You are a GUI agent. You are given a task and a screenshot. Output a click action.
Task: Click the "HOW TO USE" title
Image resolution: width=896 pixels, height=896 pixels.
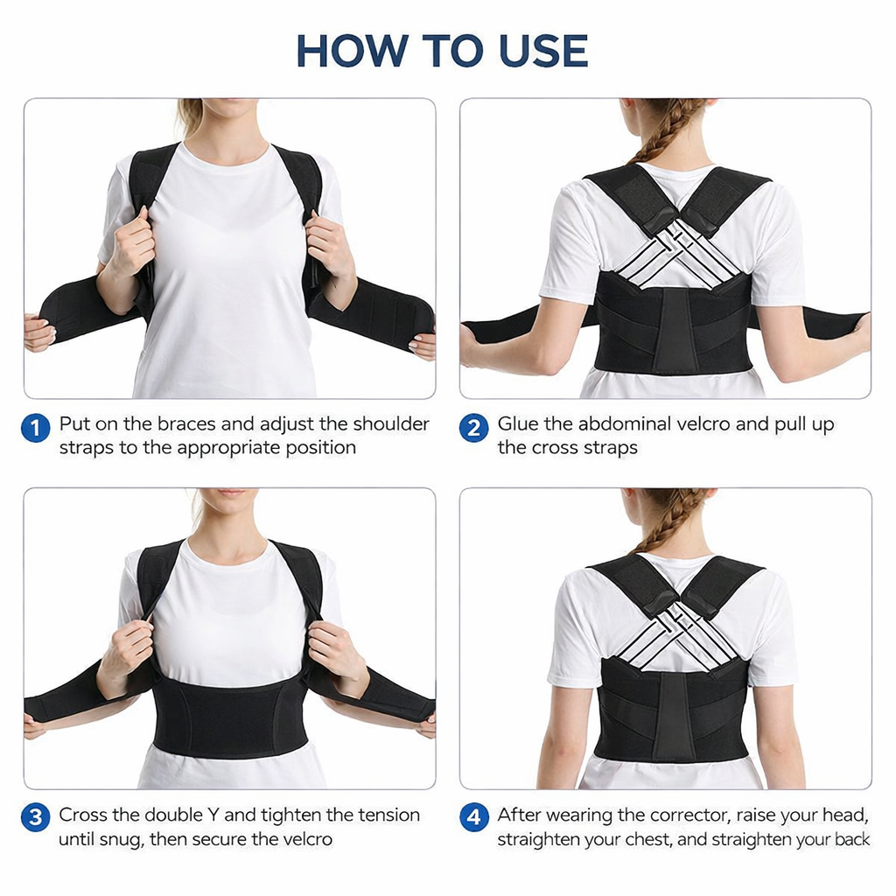coord(442,51)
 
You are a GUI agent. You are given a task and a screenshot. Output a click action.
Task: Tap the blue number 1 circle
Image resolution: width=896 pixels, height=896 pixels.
coord(35,429)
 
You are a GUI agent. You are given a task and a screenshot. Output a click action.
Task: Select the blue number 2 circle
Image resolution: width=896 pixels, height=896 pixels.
coord(473,429)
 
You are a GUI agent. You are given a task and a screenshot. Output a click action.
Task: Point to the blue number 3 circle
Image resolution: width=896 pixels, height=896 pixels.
coord(35,818)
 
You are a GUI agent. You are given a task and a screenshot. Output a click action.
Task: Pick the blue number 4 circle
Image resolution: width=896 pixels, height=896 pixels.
coord(473,818)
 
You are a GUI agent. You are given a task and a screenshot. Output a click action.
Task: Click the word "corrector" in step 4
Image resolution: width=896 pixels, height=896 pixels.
coord(686,815)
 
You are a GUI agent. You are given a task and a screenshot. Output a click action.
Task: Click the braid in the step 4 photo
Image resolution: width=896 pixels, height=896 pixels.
coord(669,521)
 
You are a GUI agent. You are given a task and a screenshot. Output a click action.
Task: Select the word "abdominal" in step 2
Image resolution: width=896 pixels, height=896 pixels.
coord(626,424)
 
